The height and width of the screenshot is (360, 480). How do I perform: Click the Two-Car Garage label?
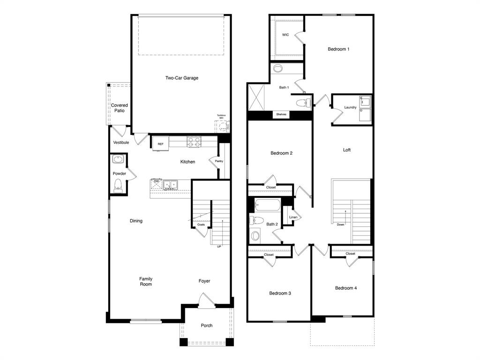pyautogui.click(x=181, y=78)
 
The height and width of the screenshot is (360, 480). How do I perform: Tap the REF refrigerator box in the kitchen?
pyautogui.click(x=160, y=144)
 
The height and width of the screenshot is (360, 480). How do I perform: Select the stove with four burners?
pyautogui.click(x=194, y=141)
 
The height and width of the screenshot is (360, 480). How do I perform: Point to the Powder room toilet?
pyautogui.click(x=118, y=186)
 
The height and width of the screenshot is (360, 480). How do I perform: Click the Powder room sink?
pyautogui.click(x=118, y=160)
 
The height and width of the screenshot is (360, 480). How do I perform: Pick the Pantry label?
pyautogui.click(x=219, y=161)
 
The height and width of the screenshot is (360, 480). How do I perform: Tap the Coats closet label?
pyautogui.click(x=201, y=225)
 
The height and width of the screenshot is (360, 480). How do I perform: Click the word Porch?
pyautogui.click(x=207, y=325)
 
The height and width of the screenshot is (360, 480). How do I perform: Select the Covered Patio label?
pyautogui.click(x=120, y=108)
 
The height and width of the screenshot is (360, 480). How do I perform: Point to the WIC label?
pyautogui.click(x=285, y=35)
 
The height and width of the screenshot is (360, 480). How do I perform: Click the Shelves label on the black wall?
pyautogui.click(x=281, y=114)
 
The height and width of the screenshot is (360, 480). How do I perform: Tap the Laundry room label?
pyautogui.click(x=350, y=107)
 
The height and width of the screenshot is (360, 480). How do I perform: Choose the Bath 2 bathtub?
pyautogui.click(x=267, y=205)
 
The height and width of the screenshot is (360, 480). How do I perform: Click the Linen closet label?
pyautogui.click(x=293, y=217)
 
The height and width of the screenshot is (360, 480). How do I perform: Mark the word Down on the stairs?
pyautogui.click(x=340, y=225)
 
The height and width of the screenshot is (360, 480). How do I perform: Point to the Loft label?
pyautogui.click(x=347, y=150)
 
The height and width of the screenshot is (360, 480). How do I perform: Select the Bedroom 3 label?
pyautogui.click(x=280, y=293)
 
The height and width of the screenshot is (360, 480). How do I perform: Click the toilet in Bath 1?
pyautogui.click(x=302, y=102)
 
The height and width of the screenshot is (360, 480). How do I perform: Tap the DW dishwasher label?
pyautogui.click(x=157, y=181)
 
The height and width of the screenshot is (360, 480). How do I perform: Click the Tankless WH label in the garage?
pyautogui.click(x=221, y=116)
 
